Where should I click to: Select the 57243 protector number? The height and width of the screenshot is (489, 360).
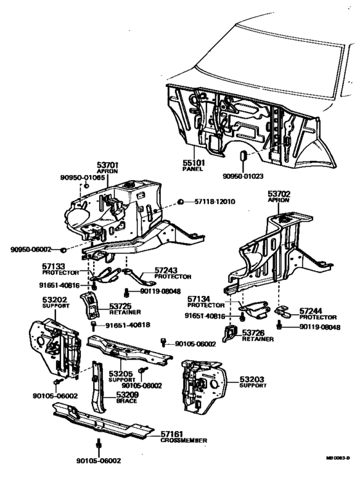(x=168, y=270)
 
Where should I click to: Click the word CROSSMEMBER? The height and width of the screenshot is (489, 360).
(x=184, y=441)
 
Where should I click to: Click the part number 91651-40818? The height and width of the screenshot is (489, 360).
(x=129, y=326)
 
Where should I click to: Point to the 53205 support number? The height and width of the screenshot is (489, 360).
(x=120, y=373)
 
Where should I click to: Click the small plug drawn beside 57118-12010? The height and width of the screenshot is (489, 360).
(x=181, y=202)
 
